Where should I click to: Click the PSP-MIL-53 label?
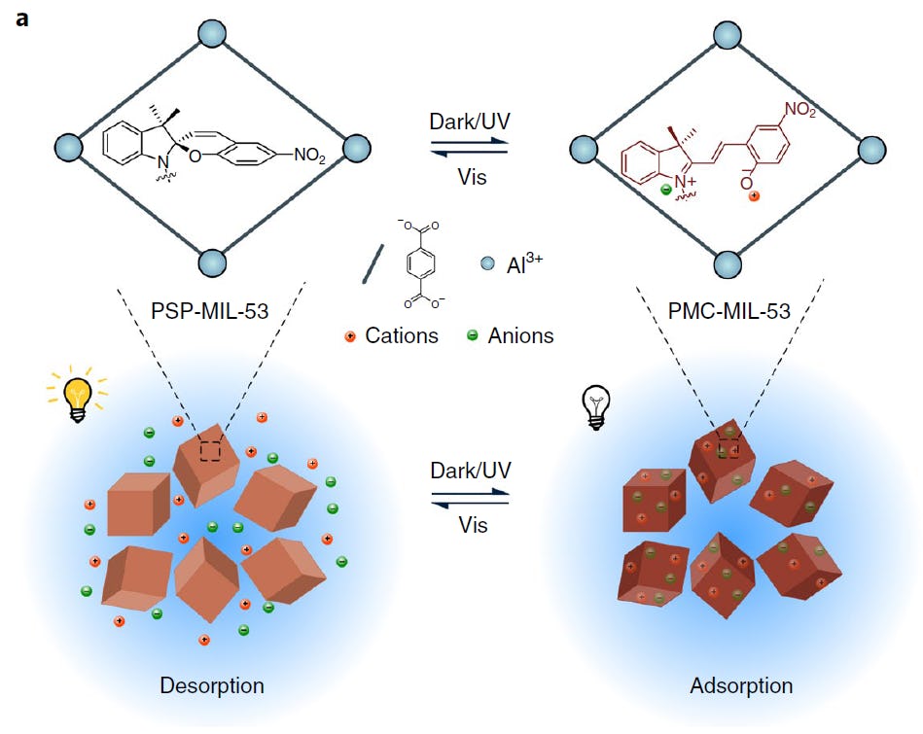(211, 312)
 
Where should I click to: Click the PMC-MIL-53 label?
(728, 312)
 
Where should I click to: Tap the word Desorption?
(212, 685)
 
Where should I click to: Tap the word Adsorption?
(741, 685)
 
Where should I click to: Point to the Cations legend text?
(402, 336)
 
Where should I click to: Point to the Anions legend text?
(521, 336)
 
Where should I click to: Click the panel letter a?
(21, 17)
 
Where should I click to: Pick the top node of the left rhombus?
(212, 34)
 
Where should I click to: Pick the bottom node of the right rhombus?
(728, 264)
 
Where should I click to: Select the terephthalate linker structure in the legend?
(425, 262)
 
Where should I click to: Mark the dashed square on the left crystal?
(210, 451)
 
